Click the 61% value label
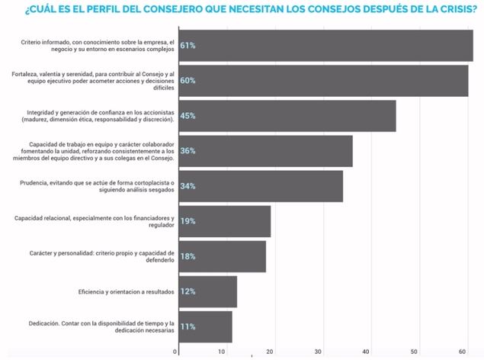point(188,46)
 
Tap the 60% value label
point(188,81)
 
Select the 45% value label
point(188,116)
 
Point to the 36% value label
point(188,151)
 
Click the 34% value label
point(188,186)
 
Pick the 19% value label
point(188,221)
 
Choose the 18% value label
point(188,256)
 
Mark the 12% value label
point(188,291)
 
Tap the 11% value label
point(188,326)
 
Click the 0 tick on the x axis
point(176,352)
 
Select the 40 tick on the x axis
point(367,352)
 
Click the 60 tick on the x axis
point(462,352)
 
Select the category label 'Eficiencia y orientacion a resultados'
point(126,291)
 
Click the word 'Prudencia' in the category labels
point(34,182)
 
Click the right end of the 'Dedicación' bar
point(232,326)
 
